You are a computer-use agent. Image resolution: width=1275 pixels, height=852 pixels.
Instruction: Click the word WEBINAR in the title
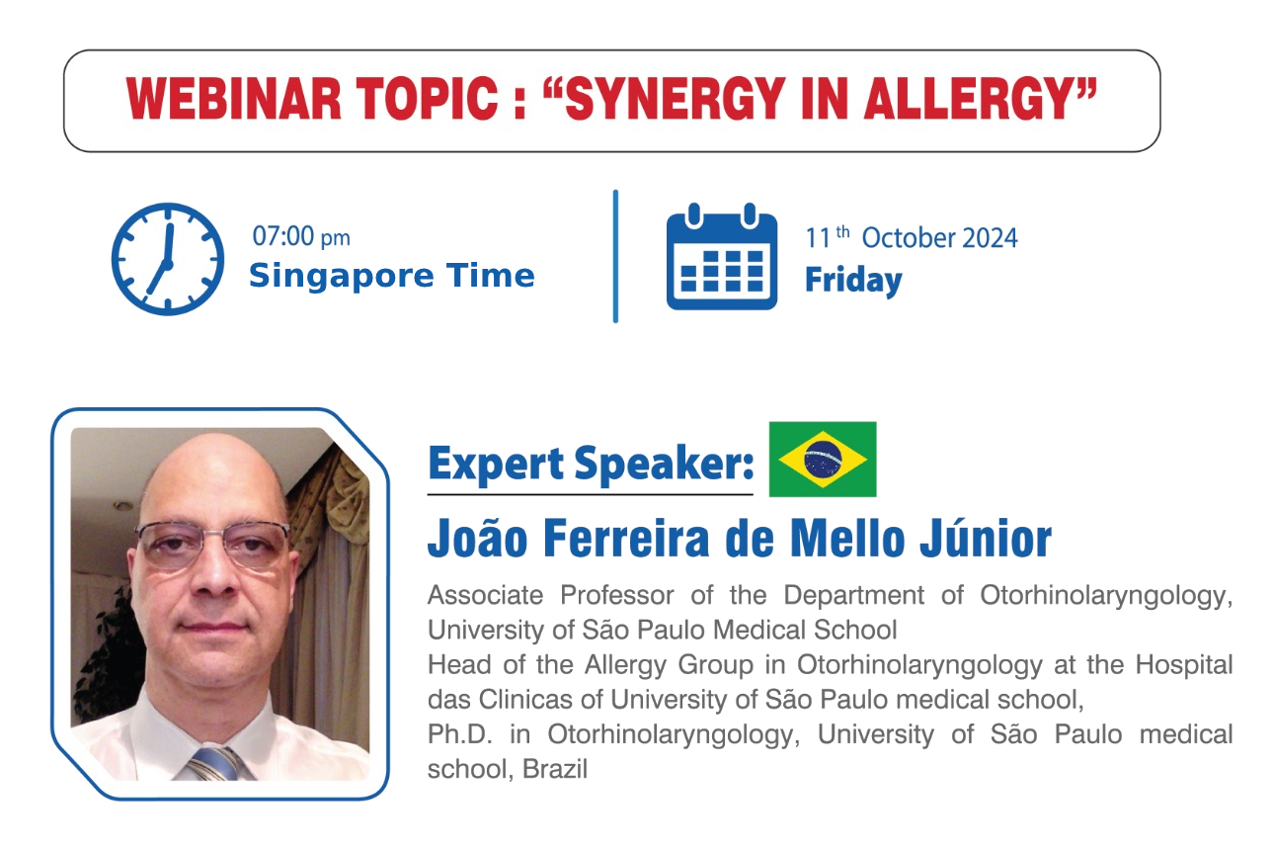234,99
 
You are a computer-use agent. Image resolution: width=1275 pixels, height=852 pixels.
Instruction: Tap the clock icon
167,259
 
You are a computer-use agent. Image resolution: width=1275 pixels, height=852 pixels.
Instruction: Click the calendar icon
722,256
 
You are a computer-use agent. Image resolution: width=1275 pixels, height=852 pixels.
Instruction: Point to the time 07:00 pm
301,236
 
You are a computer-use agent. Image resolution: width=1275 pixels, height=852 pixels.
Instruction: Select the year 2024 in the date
990,238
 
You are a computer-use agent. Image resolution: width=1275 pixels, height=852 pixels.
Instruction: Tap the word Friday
853,281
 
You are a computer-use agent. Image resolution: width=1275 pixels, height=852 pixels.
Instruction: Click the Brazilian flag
823,459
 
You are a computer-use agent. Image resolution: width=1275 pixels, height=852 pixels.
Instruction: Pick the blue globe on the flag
823,459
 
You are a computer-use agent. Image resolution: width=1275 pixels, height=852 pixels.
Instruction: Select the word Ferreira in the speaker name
626,539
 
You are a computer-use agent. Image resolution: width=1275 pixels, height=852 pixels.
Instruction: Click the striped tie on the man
214,764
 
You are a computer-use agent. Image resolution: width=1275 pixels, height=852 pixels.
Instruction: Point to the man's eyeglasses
213,545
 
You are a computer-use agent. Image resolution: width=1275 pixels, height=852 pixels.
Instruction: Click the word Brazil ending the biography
555,769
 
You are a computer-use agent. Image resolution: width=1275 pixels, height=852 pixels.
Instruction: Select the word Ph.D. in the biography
460,734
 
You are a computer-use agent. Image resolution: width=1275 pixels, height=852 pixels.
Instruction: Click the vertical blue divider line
615,256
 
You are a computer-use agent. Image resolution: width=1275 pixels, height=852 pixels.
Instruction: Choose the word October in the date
908,238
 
